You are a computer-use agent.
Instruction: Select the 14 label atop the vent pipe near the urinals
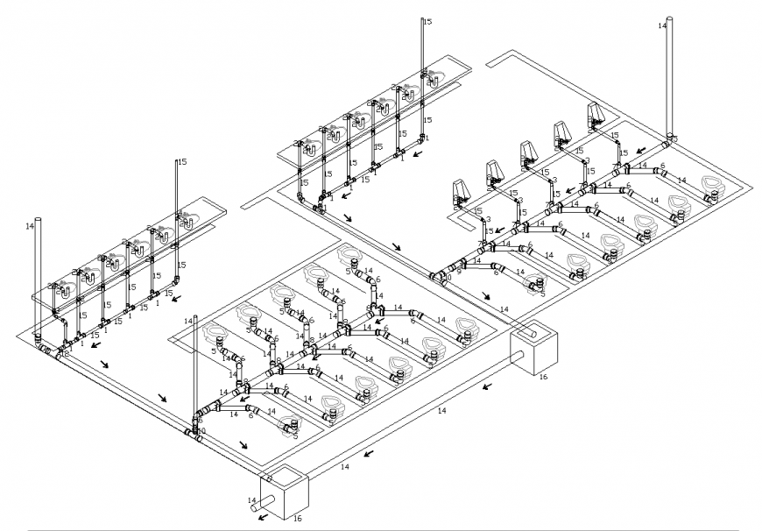[x=661, y=26]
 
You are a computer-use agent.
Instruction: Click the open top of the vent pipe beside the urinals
[x=670, y=18]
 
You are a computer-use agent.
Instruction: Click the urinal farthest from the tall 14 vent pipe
[x=461, y=192]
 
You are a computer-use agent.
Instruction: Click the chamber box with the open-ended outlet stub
[x=286, y=495]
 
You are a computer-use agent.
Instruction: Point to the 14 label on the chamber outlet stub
[x=252, y=501]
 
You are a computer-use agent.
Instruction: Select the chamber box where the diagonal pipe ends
[x=534, y=350]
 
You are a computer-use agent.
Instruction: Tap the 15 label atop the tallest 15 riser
[x=427, y=21]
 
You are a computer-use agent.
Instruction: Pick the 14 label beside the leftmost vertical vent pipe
[x=29, y=226]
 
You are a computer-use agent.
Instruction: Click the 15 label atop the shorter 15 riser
[x=182, y=162]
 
